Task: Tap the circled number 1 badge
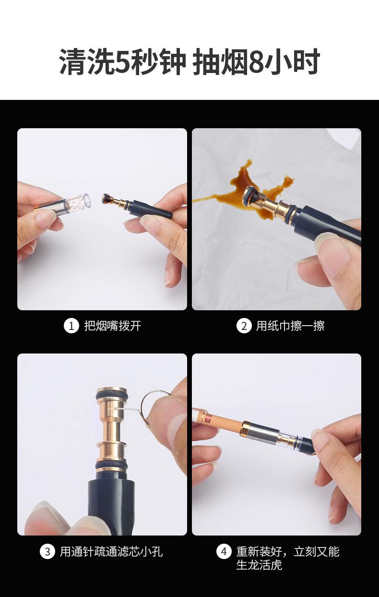point(71,326)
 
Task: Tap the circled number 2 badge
point(244,326)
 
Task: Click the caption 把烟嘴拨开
point(113,326)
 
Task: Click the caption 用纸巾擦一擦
point(290,326)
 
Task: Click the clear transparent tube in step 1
point(77,202)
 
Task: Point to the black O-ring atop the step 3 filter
point(112,393)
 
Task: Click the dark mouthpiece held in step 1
point(152,209)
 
